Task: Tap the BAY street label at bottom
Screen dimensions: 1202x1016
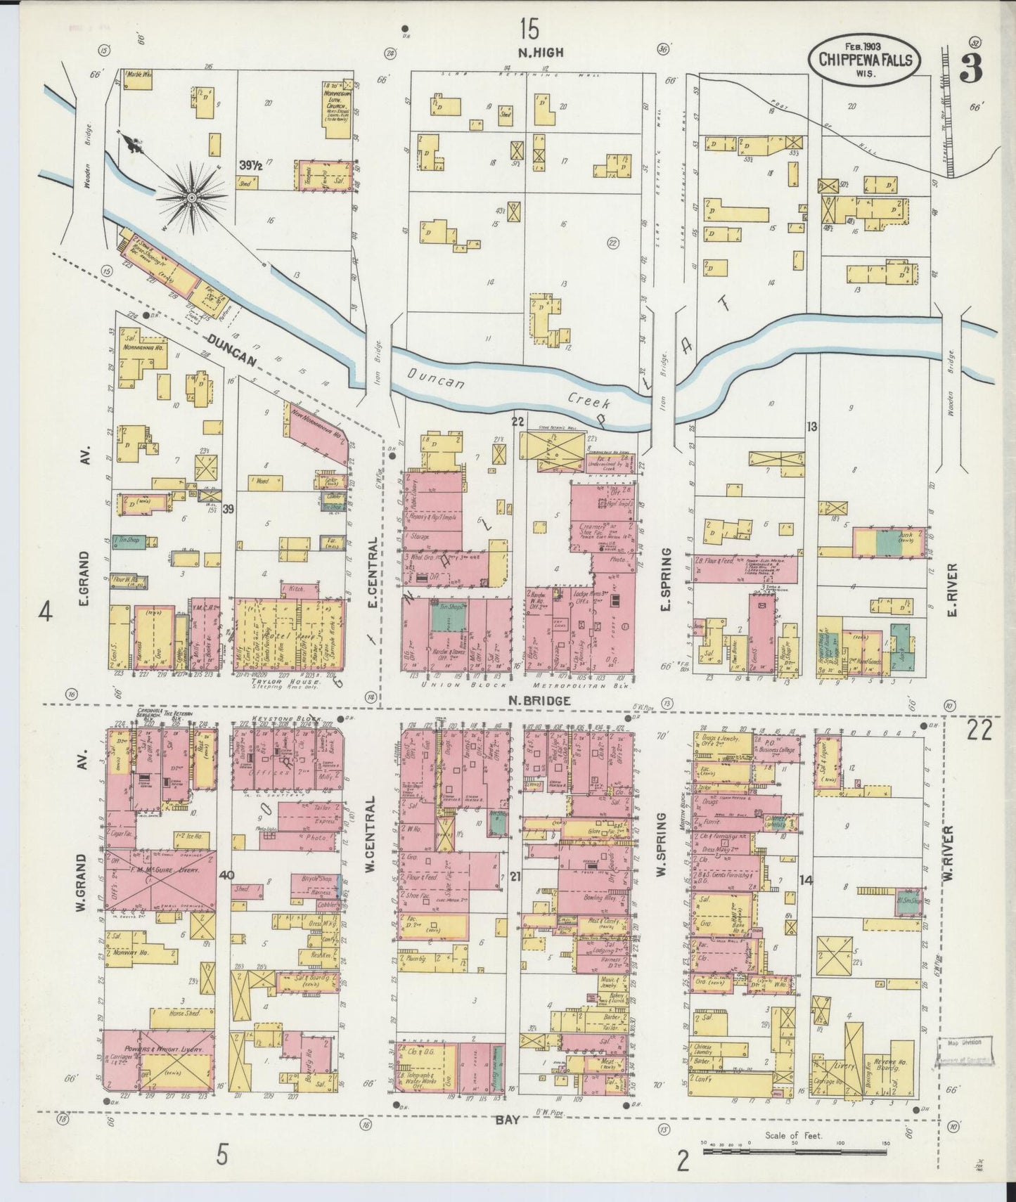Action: pos(507,1120)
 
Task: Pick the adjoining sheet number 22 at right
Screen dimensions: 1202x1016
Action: pos(979,731)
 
